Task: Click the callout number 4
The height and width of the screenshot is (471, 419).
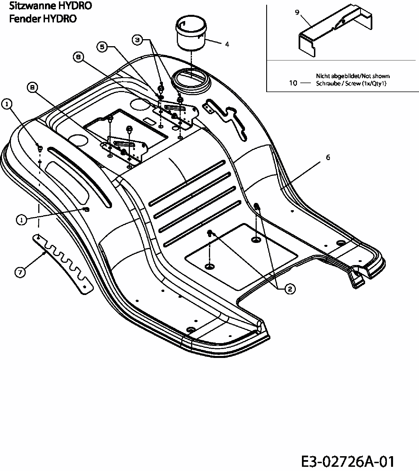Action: click(227, 44)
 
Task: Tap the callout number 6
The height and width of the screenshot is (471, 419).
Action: click(328, 158)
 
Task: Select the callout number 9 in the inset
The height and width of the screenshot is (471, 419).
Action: click(297, 12)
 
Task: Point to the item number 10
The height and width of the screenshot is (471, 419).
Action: click(293, 83)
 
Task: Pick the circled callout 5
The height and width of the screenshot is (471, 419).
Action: click(102, 47)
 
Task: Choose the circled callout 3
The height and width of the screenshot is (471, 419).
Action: click(137, 40)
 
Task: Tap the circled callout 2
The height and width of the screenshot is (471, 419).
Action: click(289, 289)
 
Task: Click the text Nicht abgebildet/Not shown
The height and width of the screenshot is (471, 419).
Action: click(353, 76)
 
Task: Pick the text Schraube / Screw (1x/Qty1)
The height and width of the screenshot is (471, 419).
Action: click(351, 83)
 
